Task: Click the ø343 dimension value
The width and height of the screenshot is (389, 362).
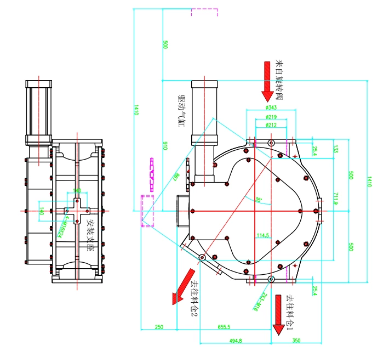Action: pos(270,108)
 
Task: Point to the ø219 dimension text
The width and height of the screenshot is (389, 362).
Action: pos(270,117)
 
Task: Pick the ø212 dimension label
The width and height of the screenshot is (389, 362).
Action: pos(270,125)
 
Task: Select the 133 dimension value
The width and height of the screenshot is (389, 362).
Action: pos(336,149)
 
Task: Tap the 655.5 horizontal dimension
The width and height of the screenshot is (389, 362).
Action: pos(224,327)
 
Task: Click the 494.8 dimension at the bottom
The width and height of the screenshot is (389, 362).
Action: pos(236,341)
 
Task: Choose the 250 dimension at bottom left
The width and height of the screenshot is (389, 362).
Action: pos(159,327)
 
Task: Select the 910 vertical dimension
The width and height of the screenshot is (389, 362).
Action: pos(165,145)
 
